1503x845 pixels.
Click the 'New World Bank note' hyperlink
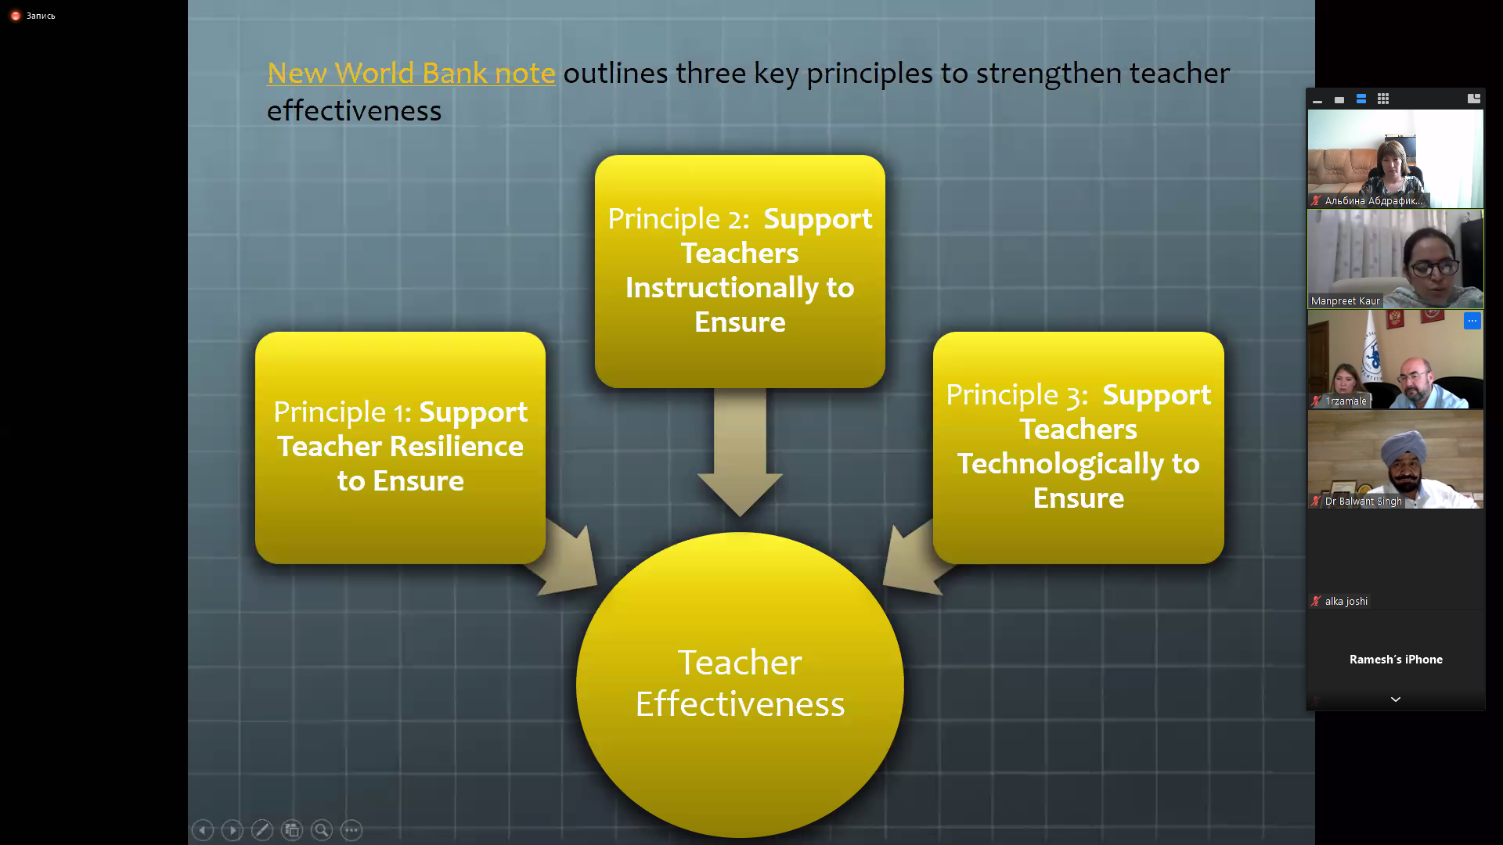(411, 73)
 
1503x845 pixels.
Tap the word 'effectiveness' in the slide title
(354, 111)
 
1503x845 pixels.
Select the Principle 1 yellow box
(400, 448)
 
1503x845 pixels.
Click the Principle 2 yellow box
(740, 271)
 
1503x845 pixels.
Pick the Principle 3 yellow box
(1078, 448)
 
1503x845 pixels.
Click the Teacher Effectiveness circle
(740, 685)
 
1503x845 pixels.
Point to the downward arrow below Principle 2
(740, 452)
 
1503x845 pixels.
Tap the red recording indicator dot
(15, 16)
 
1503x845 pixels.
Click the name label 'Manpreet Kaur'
(1345, 301)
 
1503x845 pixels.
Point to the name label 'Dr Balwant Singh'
(1363, 502)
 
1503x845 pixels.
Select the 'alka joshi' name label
(1346, 602)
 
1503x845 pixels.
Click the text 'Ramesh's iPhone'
(1396, 660)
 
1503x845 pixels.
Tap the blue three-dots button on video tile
(1472, 321)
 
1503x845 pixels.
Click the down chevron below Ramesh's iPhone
(1396, 699)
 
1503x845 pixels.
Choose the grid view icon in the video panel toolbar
(1383, 99)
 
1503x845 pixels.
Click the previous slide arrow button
(203, 830)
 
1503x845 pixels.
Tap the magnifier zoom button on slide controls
(322, 830)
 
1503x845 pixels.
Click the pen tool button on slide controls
(262, 830)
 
